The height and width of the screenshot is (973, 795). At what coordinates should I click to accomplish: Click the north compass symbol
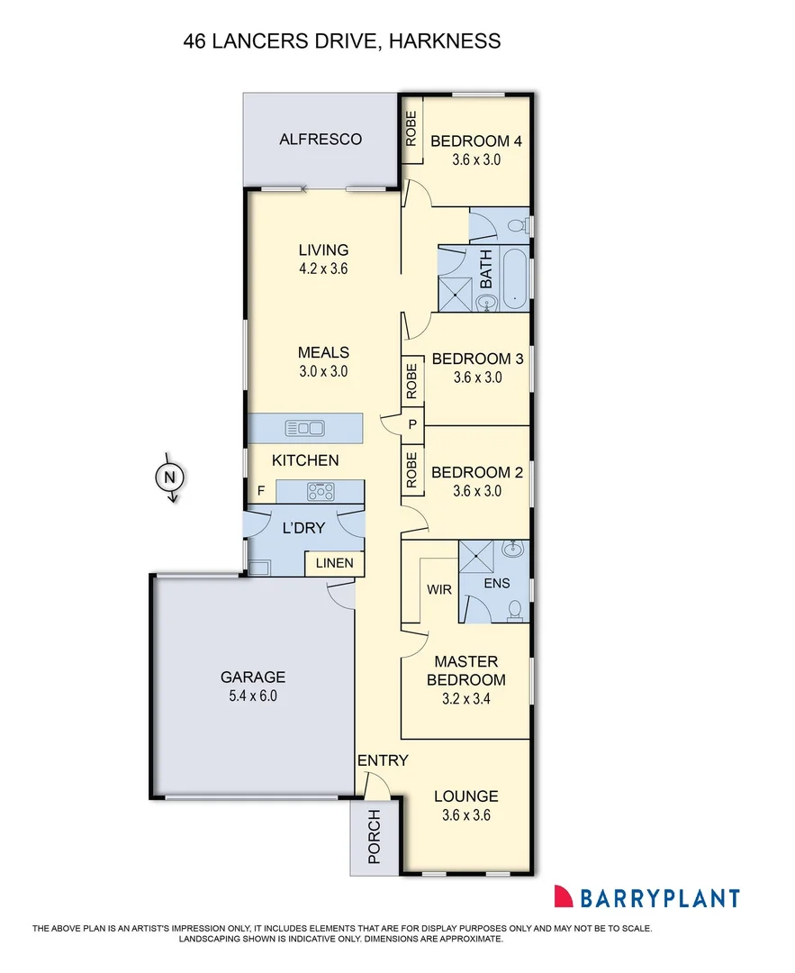tap(168, 477)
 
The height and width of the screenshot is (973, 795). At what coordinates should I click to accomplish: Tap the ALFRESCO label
tap(321, 139)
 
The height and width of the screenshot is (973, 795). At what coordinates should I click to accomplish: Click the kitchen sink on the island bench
tap(304, 427)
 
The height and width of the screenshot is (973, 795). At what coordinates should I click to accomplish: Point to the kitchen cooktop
tap(321, 492)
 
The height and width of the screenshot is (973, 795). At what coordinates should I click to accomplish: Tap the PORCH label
tap(375, 837)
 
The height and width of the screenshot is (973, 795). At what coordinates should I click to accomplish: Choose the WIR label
tap(438, 589)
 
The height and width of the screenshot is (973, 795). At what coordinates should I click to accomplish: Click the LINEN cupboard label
tap(336, 564)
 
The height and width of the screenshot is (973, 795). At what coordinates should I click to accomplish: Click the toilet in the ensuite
tap(515, 611)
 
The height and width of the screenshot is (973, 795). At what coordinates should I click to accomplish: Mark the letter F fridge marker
tap(261, 491)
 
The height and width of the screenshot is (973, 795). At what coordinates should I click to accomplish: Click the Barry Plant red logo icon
tap(564, 896)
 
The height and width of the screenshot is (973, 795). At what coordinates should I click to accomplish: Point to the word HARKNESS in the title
tap(446, 41)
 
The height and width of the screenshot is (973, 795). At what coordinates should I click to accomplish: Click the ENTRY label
tap(383, 760)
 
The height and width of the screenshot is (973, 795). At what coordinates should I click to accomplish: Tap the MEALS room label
tap(323, 352)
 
